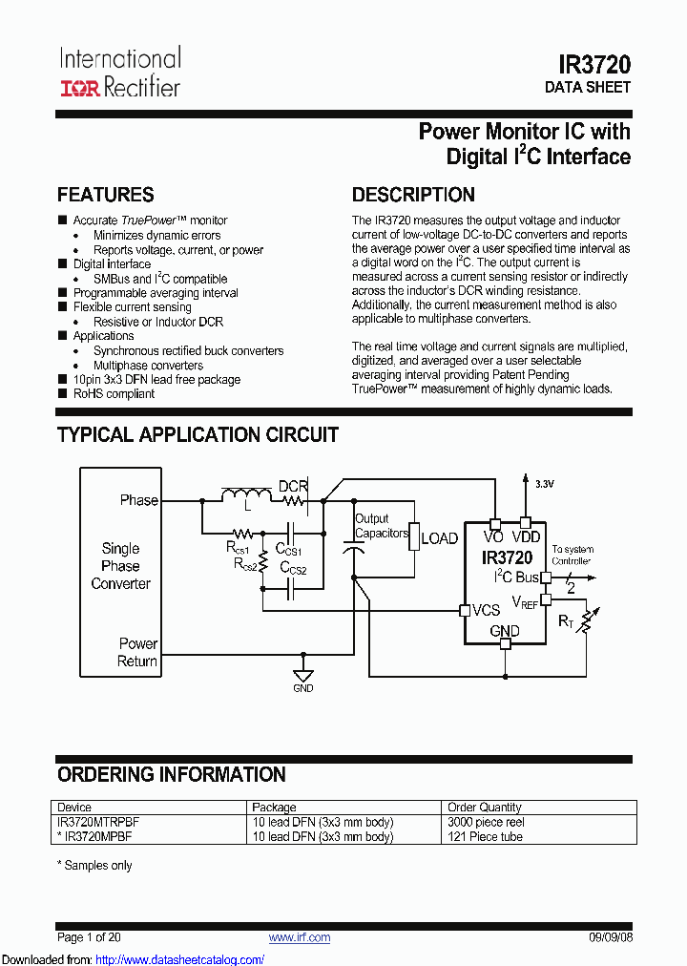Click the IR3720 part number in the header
593,64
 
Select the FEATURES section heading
105,195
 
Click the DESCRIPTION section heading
413,195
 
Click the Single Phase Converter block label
120,565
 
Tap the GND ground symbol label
302,688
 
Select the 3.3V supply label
544,484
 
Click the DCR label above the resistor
293,486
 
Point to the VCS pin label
486,610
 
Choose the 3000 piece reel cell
486,822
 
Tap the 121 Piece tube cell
486,836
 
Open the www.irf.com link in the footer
300,937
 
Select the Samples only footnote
94,865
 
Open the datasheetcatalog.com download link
180,959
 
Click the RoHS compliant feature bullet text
114,393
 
